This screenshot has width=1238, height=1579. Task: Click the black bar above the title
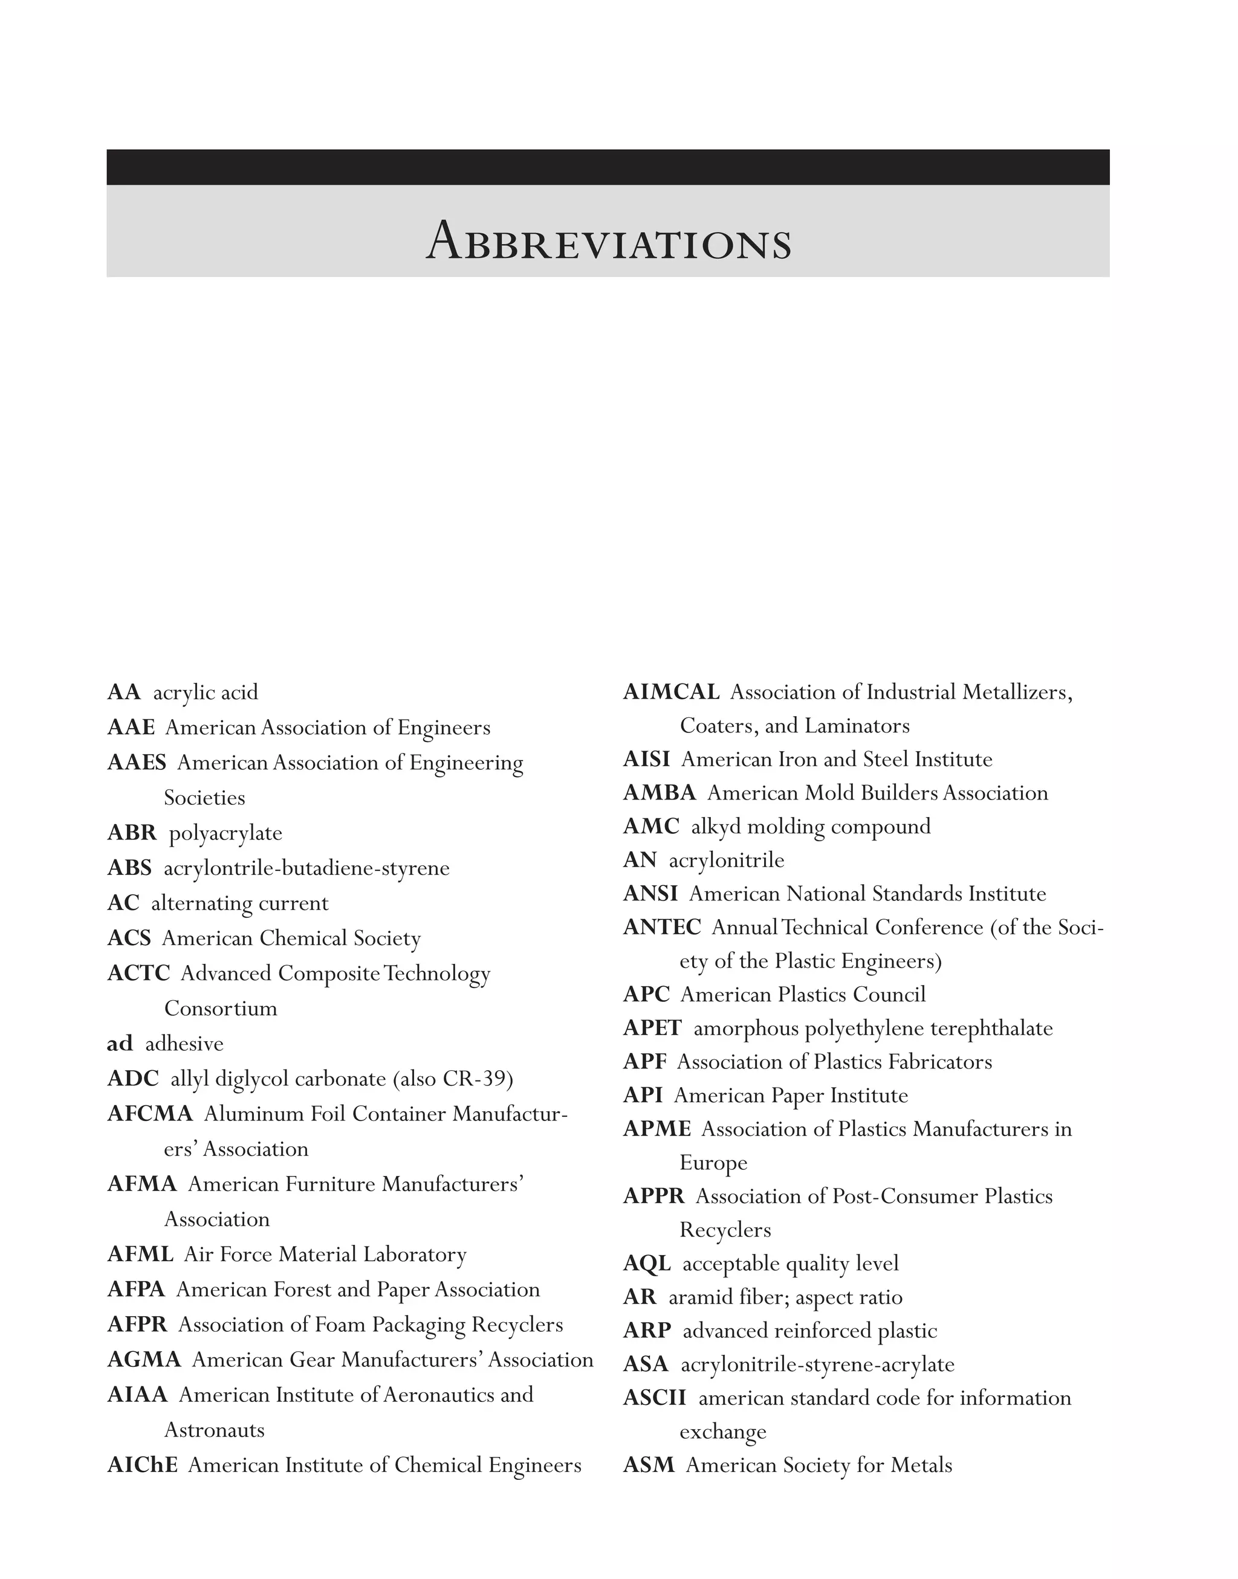click(608, 167)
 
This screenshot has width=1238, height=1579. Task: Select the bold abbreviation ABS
click(130, 868)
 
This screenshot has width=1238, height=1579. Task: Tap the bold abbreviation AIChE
click(142, 1465)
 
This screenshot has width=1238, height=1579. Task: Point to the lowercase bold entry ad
click(120, 1044)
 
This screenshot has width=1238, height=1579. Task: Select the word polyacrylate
click(225, 833)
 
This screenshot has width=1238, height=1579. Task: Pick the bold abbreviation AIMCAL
click(671, 692)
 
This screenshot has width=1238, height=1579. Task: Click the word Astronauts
click(215, 1430)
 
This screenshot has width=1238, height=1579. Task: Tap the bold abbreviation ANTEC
click(662, 928)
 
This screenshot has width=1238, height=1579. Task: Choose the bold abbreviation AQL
click(647, 1264)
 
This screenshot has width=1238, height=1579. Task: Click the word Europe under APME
click(713, 1163)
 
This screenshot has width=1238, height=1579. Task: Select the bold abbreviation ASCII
click(655, 1398)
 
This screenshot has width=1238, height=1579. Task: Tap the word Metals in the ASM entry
click(921, 1465)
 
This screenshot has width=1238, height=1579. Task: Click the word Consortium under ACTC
click(221, 1009)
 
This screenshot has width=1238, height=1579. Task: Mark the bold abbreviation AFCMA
click(150, 1114)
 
